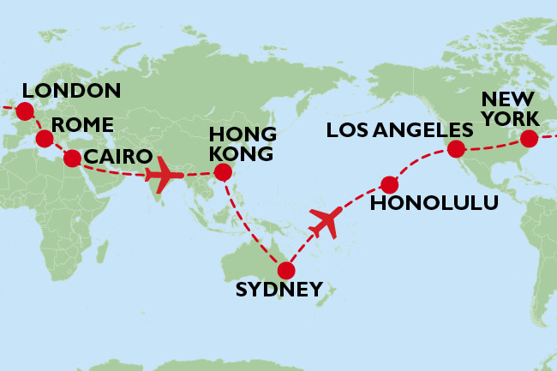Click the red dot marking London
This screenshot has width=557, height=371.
point(24,111)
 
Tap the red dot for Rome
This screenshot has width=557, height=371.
point(44,138)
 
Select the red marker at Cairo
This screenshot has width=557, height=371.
point(72,158)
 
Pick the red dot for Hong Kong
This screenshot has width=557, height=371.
point(223,173)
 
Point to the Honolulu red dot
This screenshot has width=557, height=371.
point(389,184)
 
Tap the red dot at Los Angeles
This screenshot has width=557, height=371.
point(456,150)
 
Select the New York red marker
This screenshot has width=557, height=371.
point(528,138)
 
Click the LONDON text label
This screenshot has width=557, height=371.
point(71,91)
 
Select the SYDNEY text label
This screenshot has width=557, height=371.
point(279,289)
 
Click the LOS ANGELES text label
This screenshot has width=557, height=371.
point(400,130)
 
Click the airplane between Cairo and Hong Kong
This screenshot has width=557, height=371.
point(165,177)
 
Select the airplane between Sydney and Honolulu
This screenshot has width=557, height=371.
point(325,222)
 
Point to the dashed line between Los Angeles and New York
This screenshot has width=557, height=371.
point(493,147)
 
